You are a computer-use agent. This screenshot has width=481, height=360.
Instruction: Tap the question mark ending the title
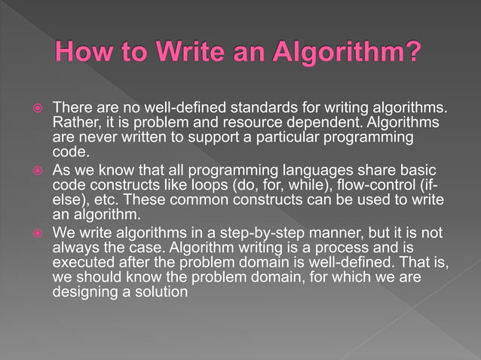(410, 54)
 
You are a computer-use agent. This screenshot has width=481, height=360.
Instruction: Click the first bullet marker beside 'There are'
(36, 108)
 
